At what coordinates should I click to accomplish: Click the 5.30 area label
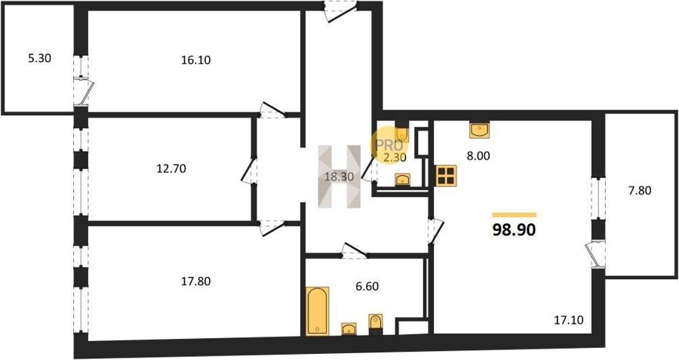[39, 58]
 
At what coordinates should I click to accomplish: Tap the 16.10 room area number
[195, 60]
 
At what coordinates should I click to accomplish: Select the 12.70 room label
[171, 168]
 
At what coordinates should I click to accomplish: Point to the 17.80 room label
[195, 282]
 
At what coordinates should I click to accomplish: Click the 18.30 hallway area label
[339, 177]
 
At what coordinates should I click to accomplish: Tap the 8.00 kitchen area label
[478, 156]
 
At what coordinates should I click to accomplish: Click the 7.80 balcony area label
[640, 190]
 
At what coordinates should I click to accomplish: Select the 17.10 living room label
[569, 320]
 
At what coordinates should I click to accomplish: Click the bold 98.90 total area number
[514, 230]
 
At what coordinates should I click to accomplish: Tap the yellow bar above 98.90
[515, 215]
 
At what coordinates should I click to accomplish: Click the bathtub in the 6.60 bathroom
[318, 311]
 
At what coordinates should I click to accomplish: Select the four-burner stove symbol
[446, 175]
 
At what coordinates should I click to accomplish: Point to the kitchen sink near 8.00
[479, 130]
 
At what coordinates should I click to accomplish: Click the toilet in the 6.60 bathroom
[376, 324]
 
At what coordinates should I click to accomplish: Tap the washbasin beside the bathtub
[349, 329]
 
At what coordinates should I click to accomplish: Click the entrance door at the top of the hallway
[340, 11]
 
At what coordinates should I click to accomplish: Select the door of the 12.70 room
[250, 171]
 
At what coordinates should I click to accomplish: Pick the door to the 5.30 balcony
[84, 91]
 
